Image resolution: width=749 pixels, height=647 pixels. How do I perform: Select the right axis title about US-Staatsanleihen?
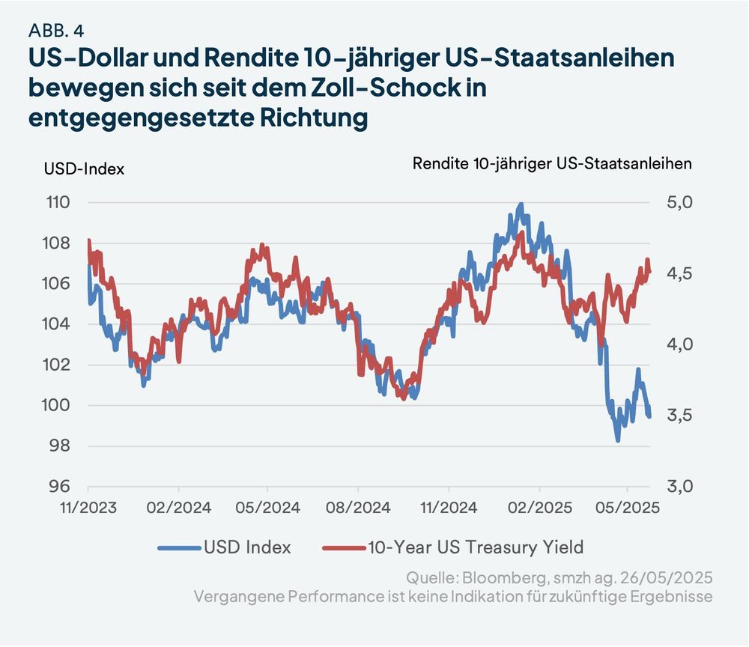(x=552, y=162)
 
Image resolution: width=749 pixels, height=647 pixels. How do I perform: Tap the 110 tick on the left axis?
(x=58, y=202)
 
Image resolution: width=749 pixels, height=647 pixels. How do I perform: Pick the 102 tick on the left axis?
(x=58, y=365)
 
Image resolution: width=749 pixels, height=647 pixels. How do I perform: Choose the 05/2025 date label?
(x=626, y=507)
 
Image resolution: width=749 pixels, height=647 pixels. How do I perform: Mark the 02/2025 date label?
(x=538, y=507)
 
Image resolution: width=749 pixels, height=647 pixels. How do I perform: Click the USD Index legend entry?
(x=247, y=547)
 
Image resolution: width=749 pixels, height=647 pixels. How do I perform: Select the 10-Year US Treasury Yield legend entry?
(x=475, y=547)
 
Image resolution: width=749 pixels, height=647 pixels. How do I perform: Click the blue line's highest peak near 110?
(x=521, y=204)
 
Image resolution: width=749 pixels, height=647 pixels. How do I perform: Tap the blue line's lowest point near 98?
(x=618, y=440)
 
